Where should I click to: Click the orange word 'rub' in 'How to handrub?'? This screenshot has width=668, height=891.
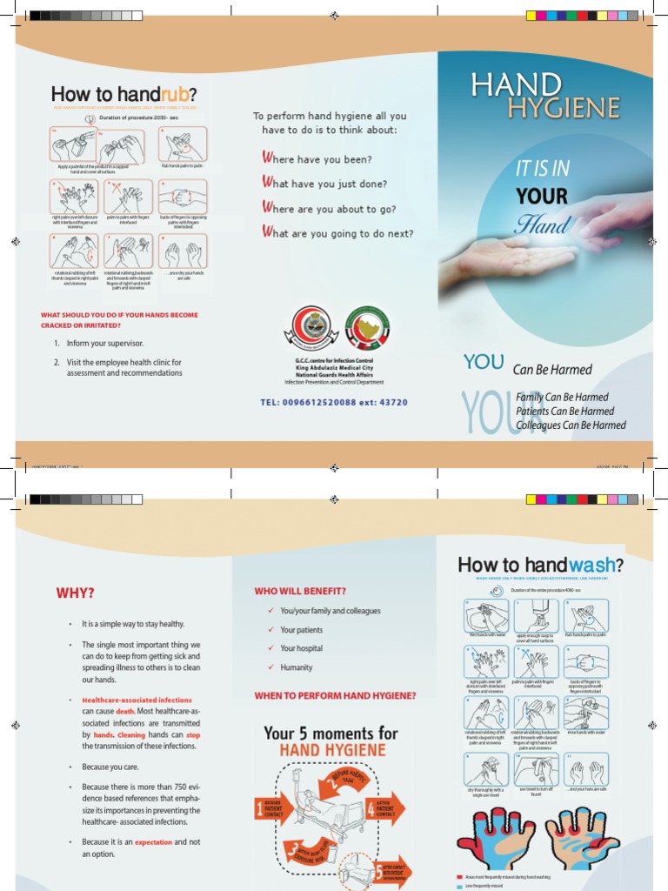tap(170, 94)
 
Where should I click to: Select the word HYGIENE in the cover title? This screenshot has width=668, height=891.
tap(564, 108)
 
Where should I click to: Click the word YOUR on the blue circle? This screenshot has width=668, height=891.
tap(542, 196)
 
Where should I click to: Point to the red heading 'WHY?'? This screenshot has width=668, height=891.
tap(75, 593)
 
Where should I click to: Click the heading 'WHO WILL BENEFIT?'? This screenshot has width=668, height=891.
tap(300, 591)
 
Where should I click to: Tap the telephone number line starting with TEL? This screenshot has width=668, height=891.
tap(333, 403)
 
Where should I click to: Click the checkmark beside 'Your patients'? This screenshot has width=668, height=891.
tap(271, 629)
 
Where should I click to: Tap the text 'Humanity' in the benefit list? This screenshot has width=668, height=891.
tap(296, 667)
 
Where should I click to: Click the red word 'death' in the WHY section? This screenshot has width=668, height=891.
tap(125, 711)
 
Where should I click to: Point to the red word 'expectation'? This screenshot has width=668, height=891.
tap(152, 842)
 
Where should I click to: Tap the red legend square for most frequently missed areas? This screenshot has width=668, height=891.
tap(459, 877)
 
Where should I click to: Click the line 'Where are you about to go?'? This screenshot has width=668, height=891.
tap(329, 209)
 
